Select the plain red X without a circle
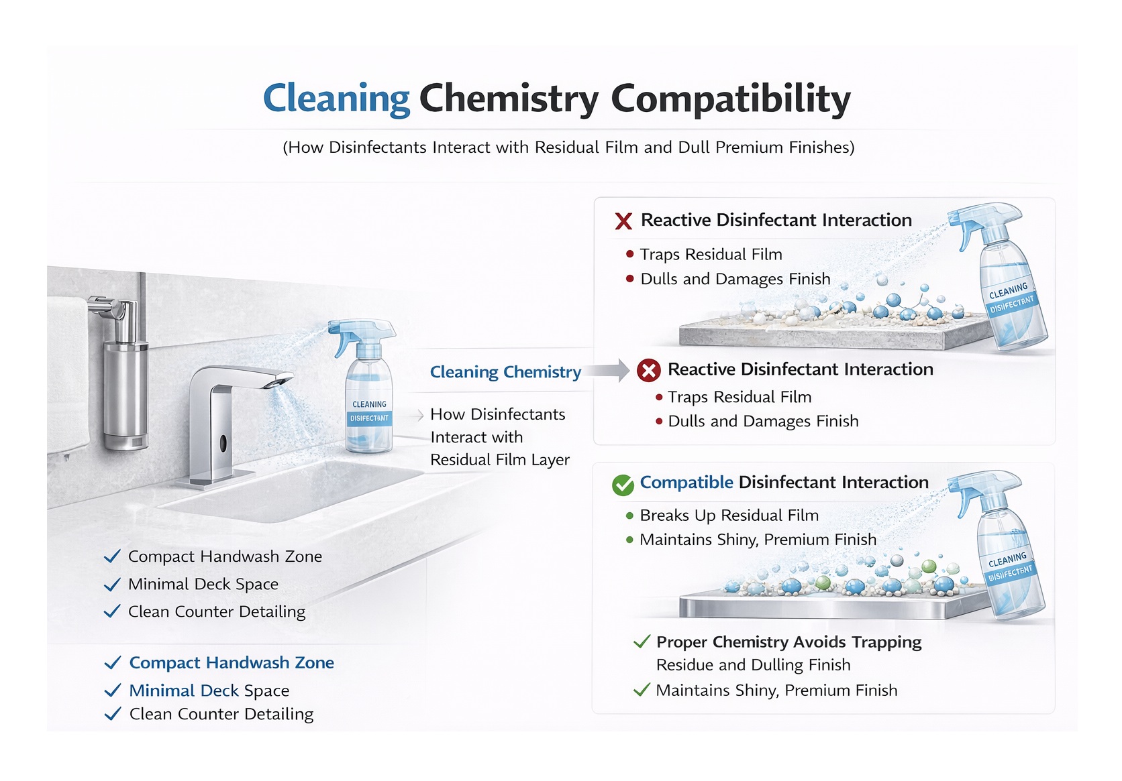[623, 221]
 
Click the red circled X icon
[649, 371]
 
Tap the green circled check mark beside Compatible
[623, 484]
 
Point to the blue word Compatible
[686, 482]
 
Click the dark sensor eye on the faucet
[223, 442]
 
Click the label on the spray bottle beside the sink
[369, 412]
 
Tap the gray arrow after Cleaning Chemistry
[605, 371]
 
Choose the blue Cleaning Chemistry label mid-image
[505, 372]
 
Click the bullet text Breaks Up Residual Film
[729, 516]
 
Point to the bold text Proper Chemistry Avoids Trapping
[789, 642]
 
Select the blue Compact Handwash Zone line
[232, 662]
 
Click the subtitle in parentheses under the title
[568, 147]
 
